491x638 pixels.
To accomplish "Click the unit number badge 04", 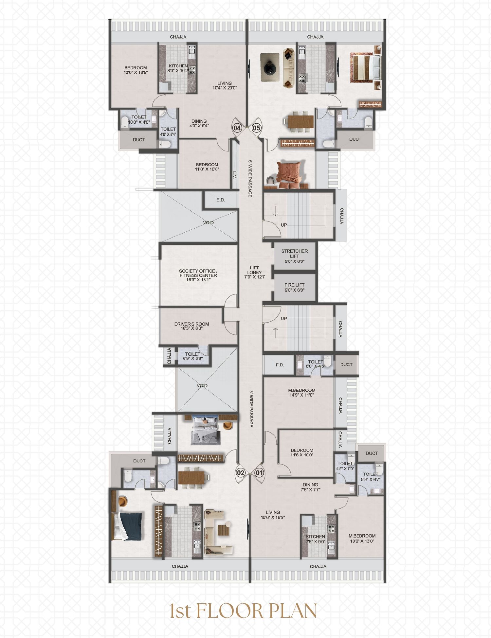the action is tap(237, 128).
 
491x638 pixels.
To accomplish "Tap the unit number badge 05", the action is tap(257, 128).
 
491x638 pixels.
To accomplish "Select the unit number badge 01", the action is tap(260, 472).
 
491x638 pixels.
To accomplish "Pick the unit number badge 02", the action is tap(241, 472).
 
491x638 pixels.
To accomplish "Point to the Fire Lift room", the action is tap(295, 287).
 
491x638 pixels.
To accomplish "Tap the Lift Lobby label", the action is tap(254, 272).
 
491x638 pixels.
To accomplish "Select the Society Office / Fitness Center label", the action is tap(198, 275).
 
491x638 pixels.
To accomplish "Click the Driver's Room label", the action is tap(191, 326).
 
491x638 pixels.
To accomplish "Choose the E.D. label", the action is tap(221, 200).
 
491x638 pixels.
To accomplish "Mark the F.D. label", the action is tap(280, 365).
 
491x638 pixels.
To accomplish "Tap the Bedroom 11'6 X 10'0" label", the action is tap(302, 452).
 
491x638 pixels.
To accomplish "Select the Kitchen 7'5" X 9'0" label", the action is tap(316, 539).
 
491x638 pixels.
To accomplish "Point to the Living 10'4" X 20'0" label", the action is tap(225, 85).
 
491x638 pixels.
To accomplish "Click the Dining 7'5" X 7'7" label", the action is tap(310, 487).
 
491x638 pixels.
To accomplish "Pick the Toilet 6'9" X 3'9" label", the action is tap(192, 356).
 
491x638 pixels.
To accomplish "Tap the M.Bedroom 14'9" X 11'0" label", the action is tap(301, 393).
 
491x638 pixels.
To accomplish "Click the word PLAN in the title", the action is tap(291, 611).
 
